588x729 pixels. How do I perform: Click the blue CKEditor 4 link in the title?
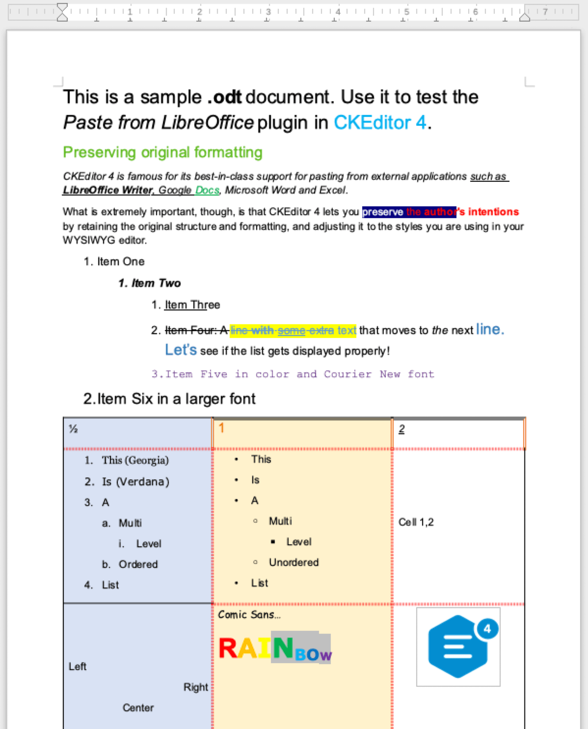(380, 123)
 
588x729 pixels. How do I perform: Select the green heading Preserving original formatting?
(162, 152)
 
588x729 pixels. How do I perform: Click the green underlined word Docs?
(207, 190)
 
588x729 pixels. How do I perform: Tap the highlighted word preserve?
(383, 212)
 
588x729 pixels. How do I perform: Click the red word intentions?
(493, 212)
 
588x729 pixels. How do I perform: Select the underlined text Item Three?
(192, 305)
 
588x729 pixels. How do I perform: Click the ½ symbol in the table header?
(73, 429)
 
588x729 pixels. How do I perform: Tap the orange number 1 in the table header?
(221, 428)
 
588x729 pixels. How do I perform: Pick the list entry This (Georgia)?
(135, 460)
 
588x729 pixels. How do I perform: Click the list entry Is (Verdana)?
(135, 482)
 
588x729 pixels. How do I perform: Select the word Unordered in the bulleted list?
(294, 562)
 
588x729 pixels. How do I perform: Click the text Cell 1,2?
(416, 522)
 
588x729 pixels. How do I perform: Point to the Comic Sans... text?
(249, 615)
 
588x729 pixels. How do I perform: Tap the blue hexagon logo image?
(458, 646)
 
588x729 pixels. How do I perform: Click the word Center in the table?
(138, 708)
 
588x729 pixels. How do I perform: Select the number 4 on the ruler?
(338, 11)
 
